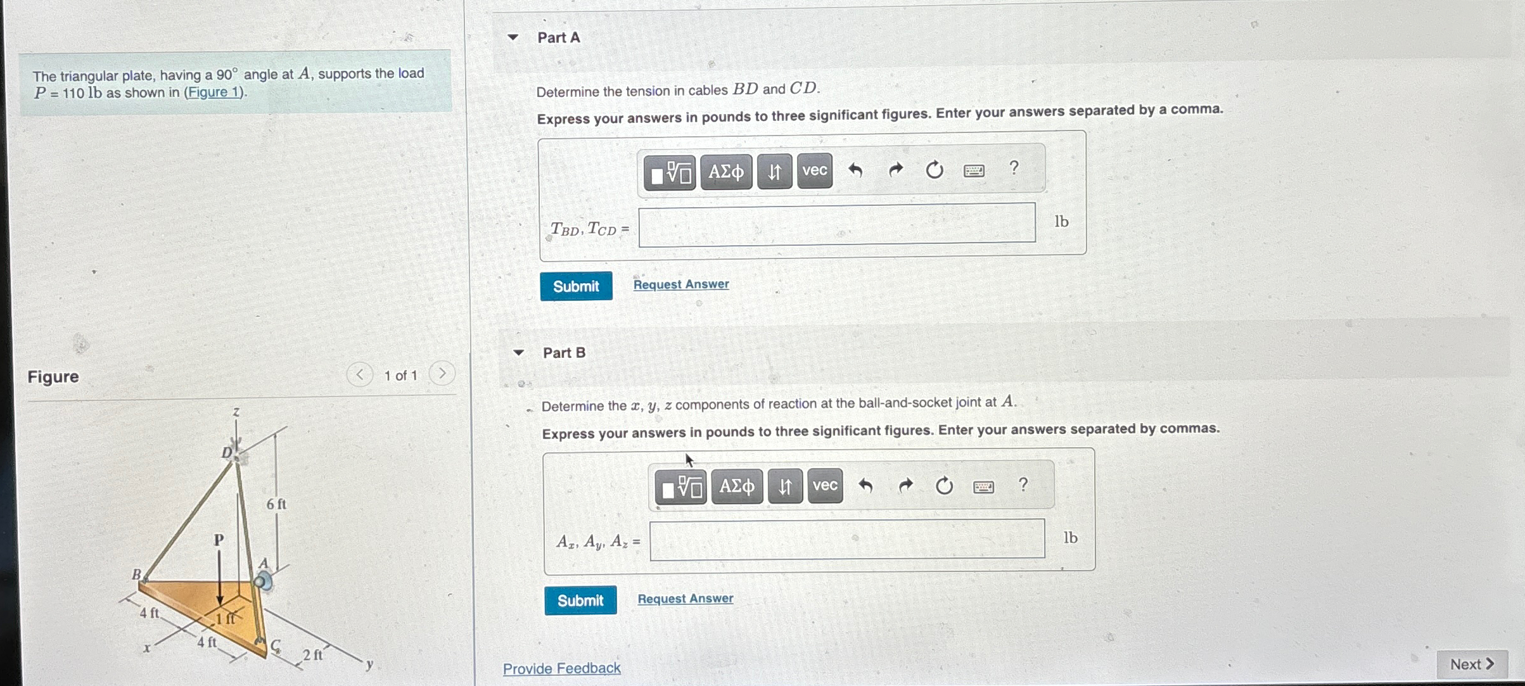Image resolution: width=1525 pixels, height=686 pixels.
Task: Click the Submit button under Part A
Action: tap(576, 286)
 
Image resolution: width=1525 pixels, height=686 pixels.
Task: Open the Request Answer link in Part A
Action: tap(681, 284)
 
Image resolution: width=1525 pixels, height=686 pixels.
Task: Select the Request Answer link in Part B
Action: tap(686, 599)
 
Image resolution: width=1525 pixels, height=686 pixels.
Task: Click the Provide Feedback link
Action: tap(562, 668)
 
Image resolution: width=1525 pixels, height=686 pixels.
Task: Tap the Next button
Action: tap(1472, 664)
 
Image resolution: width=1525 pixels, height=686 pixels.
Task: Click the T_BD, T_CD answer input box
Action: tap(837, 223)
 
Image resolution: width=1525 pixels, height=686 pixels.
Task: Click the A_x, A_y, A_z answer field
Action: tap(847, 540)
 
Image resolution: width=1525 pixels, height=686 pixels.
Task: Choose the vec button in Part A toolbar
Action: tap(815, 171)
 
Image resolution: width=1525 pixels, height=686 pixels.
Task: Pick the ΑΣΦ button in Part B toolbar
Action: tap(737, 486)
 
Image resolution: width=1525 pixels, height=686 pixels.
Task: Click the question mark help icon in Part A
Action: tap(1014, 168)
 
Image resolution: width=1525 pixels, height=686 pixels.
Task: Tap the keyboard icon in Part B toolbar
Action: tap(983, 486)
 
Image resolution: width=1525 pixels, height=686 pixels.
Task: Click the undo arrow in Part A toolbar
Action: tap(855, 170)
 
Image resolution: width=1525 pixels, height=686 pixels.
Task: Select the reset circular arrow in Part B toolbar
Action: tap(944, 486)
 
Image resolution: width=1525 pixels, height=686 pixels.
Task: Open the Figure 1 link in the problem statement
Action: tap(214, 92)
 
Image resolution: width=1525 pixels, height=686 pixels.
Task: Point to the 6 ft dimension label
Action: tap(276, 504)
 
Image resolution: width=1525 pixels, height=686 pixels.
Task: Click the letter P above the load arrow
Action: tap(219, 540)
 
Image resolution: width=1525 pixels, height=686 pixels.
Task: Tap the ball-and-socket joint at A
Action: tap(263, 581)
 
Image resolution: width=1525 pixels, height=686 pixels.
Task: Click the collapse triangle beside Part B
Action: tap(519, 353)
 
